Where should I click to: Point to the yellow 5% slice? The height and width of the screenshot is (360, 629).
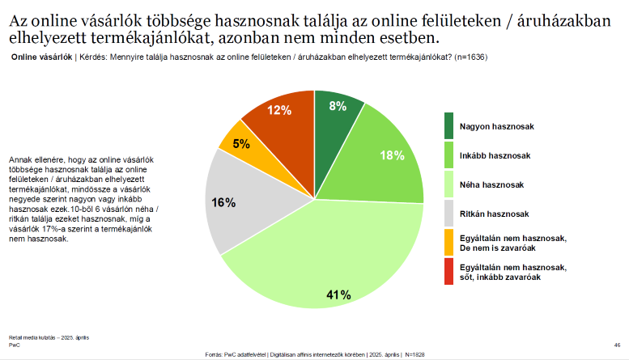tap(240, 143)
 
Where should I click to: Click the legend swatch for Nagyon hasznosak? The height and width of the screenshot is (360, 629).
tap(448, 126)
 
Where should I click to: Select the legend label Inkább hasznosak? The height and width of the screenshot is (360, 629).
tap(495, 155)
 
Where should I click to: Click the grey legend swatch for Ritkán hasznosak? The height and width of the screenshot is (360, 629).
tap(448, 214)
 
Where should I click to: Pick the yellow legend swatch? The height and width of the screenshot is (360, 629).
tap(448, 242)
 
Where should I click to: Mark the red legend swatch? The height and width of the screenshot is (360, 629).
tap(448, 271)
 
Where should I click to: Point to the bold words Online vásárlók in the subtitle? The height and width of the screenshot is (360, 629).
tap(39, 57)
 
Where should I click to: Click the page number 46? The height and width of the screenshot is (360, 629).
tap(618, 345)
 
